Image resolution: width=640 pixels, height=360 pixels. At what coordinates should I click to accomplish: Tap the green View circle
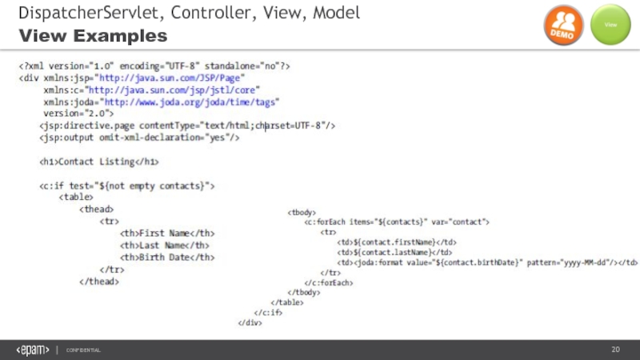610,26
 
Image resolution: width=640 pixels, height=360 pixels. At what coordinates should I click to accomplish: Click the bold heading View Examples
94,37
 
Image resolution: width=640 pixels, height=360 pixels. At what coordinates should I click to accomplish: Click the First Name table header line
167,233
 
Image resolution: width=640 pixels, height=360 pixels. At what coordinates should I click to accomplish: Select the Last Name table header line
165,245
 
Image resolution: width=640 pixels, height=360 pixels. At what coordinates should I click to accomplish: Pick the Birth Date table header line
167,257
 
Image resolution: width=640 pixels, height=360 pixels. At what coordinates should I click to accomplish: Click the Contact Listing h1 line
99,162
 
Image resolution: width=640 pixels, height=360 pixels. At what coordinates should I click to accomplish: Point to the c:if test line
127,186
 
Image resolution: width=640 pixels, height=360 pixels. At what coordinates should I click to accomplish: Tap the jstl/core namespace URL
183,90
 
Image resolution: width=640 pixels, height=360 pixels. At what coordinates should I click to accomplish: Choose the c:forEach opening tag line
397,222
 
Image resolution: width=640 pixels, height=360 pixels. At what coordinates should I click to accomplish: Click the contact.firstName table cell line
397,242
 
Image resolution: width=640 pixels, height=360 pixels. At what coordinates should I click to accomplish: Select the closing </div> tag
250,322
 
